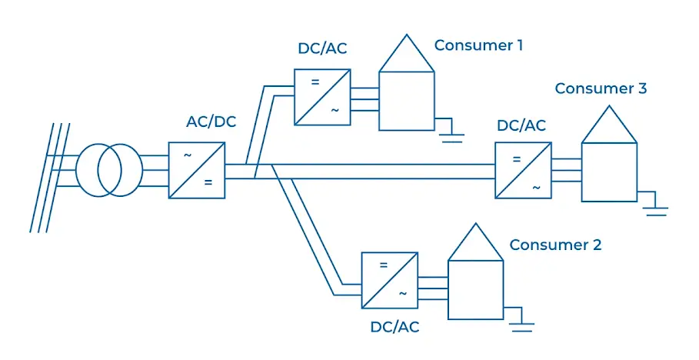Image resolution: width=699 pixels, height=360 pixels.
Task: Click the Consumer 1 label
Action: click(x=478, y=45)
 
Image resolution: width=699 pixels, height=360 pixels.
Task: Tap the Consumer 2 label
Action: click(x=555, y=245)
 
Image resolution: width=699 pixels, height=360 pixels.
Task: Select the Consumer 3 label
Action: click(x=601, y=88)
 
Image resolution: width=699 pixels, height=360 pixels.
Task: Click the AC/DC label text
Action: click(x=211, y=122)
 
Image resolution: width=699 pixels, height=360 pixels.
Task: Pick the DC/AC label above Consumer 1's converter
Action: click(x=322, y=49)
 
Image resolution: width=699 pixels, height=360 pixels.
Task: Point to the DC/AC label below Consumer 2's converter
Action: click(x=394, y=327)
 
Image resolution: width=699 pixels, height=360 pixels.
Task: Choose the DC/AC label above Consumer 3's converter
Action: click(x=521, y=125)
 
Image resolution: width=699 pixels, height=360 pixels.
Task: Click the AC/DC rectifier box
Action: click(x=197, y=170)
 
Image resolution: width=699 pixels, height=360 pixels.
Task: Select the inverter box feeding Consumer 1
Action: click(x=322, y=97)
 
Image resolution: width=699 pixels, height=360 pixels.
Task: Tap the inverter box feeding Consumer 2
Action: click(x=390, y=280)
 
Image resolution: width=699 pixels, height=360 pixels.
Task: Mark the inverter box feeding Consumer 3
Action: click(x=523, y=172)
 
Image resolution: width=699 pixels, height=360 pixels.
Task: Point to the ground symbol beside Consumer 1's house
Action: click(x=451, y=134)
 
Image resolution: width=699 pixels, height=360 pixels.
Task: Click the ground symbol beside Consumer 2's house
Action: click(x=522, y=323)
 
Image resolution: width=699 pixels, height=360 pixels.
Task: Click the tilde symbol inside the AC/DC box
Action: click(x=187, y=155)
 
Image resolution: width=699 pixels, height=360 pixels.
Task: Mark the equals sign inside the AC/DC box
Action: click(x=207, y=183)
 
